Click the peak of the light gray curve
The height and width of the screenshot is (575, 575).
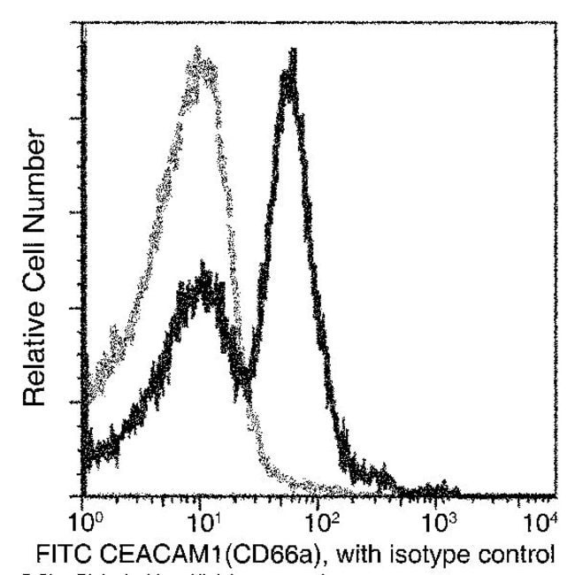[201, 62]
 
